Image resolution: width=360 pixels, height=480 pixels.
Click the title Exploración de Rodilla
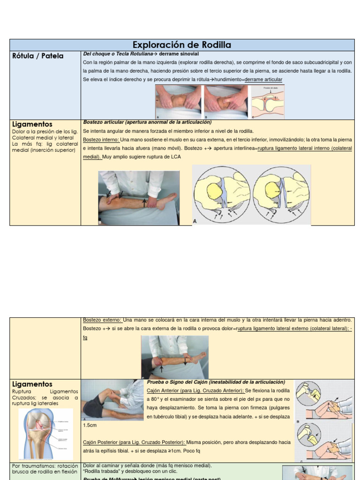(182, 45)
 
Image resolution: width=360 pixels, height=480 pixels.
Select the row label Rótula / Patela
(37, 56)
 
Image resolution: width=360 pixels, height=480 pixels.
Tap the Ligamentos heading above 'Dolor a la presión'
(32, 124)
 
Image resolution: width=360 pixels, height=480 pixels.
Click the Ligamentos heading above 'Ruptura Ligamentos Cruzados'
(32, 384)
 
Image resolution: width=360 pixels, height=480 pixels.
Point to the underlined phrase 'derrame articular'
(263, 80)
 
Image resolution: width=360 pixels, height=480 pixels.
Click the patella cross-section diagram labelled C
(268, 102)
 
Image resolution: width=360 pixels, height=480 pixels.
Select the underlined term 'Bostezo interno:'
(101, 140)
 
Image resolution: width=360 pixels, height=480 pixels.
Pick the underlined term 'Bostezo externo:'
(102, 320)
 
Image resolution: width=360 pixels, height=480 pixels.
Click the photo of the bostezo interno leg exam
(139, 198)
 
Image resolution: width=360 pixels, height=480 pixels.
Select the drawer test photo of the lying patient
(112, 399)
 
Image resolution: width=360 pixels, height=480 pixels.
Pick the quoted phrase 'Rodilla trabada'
(100, 472)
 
